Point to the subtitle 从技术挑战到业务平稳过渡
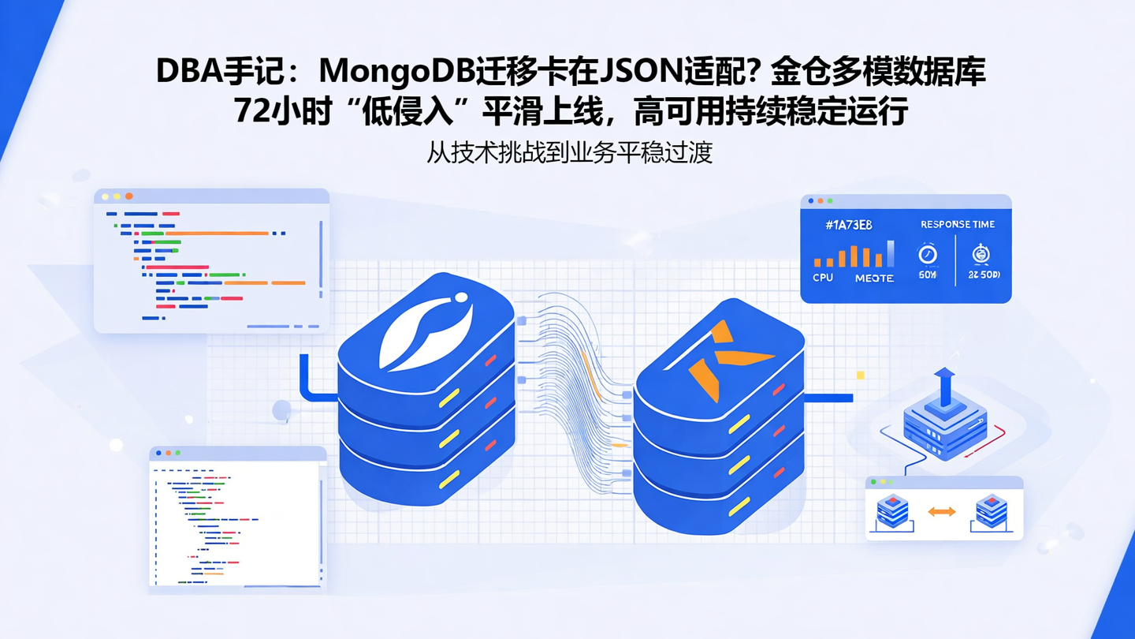[569, 151]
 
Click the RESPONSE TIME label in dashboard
[957, 225]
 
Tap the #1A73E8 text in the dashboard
[849, 226]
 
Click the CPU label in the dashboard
[823, 278]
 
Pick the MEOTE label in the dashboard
[874, 278]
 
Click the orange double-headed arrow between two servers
[942, 511]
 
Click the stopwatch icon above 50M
[928, 254]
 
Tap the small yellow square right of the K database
[860, 376]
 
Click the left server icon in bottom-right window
[892, 511]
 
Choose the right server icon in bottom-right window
[992, 511]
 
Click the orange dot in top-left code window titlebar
[129, 196]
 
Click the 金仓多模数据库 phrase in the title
[878, 72]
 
